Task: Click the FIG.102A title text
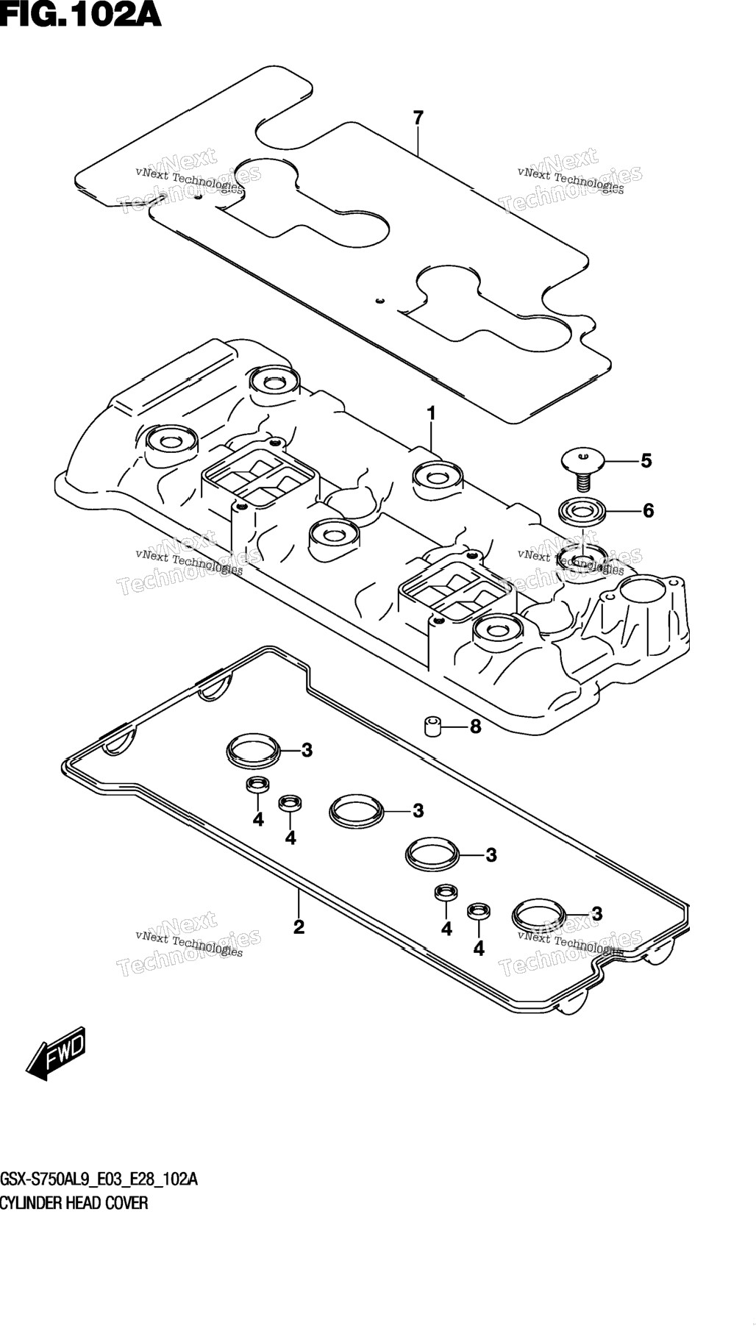[x=81, y=14]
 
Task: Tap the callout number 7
[x=418, y=118]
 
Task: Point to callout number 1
[x=432, y=414]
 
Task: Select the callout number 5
[x=646, y=461]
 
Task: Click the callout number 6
[x=648, y=510]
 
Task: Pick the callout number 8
[x=475, y=727]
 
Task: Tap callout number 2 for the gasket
[x=299, y=927]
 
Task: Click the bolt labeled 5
[x=582, y=471]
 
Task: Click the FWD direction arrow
[x=55, y=1052]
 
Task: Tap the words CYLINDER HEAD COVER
[x=74, y=1204]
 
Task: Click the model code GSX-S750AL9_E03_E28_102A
[x=99, y=1181]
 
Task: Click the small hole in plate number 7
[x=379, y=300]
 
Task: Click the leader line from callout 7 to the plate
[x=418, y=142]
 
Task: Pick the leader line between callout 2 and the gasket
[x=299, y=903]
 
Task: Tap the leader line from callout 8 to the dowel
[x=454, y=727]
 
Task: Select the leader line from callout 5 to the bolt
[x=621, y=461]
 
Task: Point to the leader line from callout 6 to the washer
[x=623, y=510]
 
